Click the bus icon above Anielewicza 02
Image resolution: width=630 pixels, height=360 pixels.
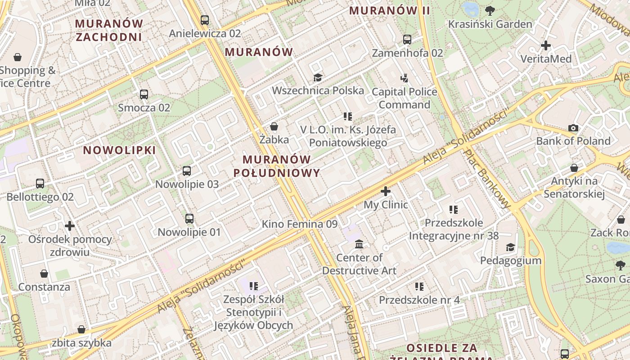pyautogui.click(x=205, y=20)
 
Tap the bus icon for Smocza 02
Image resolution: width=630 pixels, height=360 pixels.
pyautogui.click(x=144, y=94)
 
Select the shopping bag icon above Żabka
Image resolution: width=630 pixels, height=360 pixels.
pyautogui.click(x=274, y=126)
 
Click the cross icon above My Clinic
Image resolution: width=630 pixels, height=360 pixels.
pyautogui.click(x=386, y=191)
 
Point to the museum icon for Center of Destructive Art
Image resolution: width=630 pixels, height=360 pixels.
pyautogui.click(x=359, y=244)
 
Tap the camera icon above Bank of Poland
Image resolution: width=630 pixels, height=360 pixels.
pyautogui.click(x=573, y=128)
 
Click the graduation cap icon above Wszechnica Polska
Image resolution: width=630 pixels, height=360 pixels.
pyautogui.click(x=318, y=77)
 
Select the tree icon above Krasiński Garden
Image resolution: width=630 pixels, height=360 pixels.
pyautogui.click(x=490, y=11)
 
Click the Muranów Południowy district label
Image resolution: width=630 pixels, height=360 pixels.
pyautogui.click(x=277, y=166)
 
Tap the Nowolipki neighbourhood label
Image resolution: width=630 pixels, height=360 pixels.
pyautogui.click(x=120, y=150)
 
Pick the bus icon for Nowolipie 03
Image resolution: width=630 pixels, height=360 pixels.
pyautogui.click(x=187, y=171)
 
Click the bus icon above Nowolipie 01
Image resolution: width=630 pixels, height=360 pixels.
pyautogui.click(x=189, y=219)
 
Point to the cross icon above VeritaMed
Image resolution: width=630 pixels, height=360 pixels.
pyautogui.click(x=546, y=45)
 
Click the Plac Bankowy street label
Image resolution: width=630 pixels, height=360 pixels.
pyautogui.click(x=488, y=179)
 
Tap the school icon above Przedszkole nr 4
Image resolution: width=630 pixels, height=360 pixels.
pyautogui.click(x=419, y=287)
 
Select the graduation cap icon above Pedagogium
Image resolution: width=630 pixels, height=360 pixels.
pyautogui.click(x=510, y=247)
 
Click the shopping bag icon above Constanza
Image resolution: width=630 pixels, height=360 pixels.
pyautogui.click(x=44, y=274)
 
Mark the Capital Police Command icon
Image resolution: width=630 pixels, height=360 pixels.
pyautogui.click(x=404, y=78)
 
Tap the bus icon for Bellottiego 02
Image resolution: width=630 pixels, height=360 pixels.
pyautogui.click(x=40, y=184)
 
